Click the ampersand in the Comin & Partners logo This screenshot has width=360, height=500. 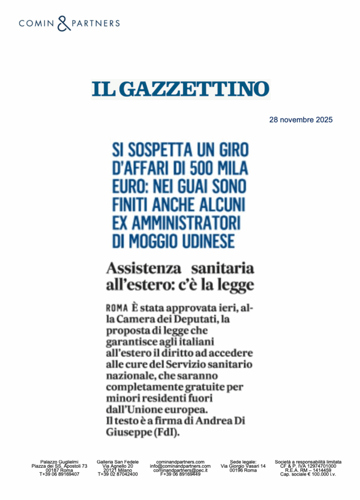64,23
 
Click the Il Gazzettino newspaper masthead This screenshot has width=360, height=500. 180,89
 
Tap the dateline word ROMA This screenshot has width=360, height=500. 117,309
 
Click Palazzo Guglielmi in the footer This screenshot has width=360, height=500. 59,461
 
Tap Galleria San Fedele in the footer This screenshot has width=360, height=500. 118,461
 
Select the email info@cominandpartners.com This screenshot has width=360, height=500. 180,466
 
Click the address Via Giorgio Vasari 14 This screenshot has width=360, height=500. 243,466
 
